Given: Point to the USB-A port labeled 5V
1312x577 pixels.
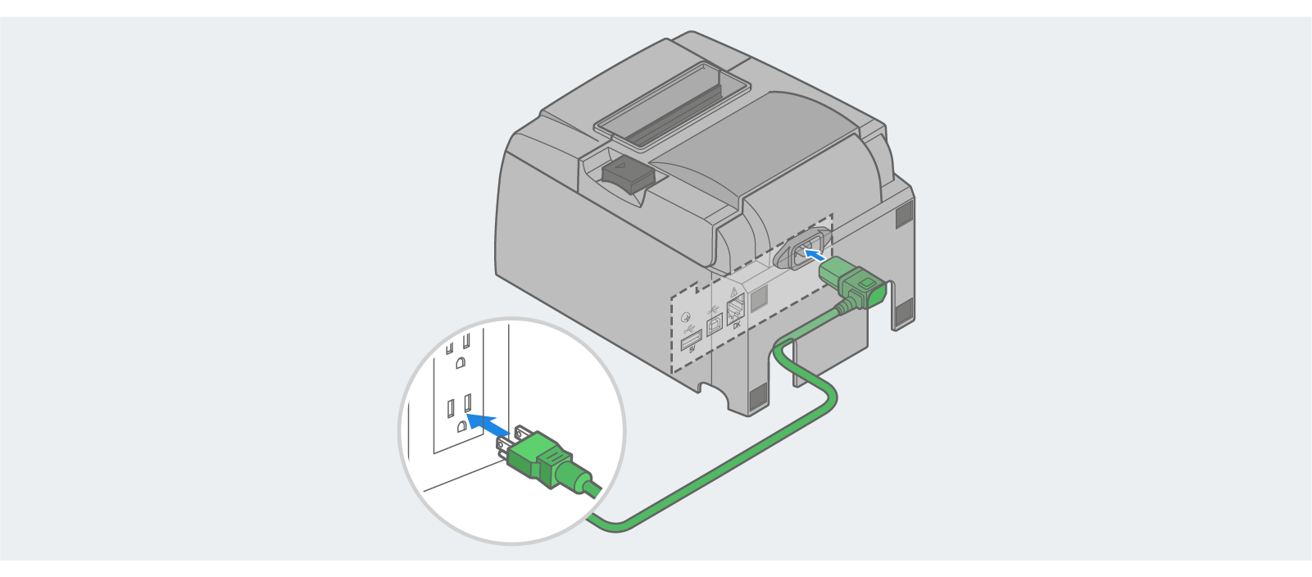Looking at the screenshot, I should [x=692, y=338].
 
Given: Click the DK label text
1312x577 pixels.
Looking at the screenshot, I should [x=737, y=325].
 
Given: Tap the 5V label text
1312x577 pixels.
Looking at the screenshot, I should [x=692, y=350].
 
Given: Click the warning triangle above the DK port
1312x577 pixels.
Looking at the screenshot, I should [x=733, y=292].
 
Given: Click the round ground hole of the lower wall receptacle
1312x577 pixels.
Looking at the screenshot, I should [x=461, y=425].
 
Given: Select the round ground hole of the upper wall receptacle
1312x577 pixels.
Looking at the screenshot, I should [x=461, y=361].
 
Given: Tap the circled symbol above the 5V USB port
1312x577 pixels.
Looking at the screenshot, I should [x=687, y=317].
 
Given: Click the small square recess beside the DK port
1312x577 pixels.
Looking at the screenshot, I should [x=758, y=298].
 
